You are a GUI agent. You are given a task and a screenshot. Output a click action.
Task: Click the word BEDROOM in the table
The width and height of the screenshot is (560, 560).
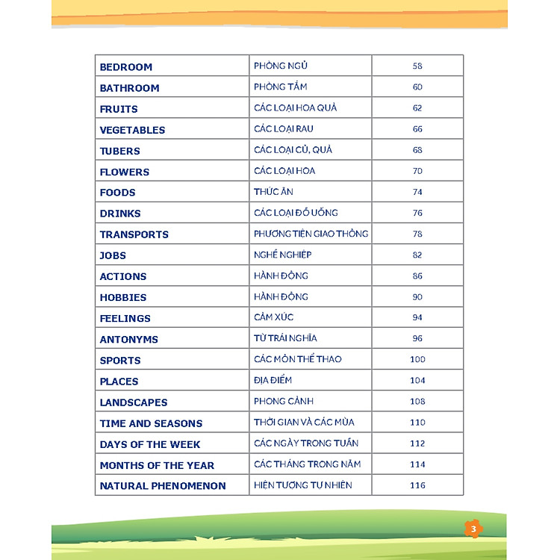coord(126,67)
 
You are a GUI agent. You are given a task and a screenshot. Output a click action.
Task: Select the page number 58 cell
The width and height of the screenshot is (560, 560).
coord(417,66)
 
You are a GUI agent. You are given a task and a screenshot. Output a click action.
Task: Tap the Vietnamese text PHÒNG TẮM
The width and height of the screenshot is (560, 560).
coord(281,87)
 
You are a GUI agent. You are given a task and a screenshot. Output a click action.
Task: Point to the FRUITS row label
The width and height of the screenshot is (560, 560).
coord(119,109)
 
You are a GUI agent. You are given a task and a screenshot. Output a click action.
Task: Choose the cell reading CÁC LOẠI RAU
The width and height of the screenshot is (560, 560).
coord(284,129)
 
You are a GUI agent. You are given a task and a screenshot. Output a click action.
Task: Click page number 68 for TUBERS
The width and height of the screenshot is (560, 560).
coord(417,150)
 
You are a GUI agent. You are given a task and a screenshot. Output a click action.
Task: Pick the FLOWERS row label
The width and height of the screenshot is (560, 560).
coord(125,172)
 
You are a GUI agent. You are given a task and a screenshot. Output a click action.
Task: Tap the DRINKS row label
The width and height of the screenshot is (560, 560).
coord(120,214)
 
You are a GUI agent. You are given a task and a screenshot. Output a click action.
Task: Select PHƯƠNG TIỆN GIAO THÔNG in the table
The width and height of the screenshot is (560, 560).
coord(311,234)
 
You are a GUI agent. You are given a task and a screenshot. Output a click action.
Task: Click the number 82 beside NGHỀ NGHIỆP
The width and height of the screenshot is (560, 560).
coord(417,255)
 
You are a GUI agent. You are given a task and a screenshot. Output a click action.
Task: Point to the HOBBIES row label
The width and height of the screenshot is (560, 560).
coord(123,297)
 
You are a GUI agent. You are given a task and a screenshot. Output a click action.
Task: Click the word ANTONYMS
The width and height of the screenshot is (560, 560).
coord(129,339)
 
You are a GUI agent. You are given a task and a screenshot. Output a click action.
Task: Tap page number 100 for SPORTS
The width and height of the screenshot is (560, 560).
coord(417,359)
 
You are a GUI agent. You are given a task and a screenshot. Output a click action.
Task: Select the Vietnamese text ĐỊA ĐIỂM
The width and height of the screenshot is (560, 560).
coord(273,380)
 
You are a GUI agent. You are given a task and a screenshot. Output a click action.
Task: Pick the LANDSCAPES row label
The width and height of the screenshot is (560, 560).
coord(134,402)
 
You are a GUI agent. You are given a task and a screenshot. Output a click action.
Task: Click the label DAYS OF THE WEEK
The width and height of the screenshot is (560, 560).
coord(150,444)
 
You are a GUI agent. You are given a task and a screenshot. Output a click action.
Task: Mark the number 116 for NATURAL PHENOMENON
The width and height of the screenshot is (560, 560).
coord(417,485)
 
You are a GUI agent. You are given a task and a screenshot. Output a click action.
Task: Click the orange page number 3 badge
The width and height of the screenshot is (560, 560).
coord(473,529)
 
